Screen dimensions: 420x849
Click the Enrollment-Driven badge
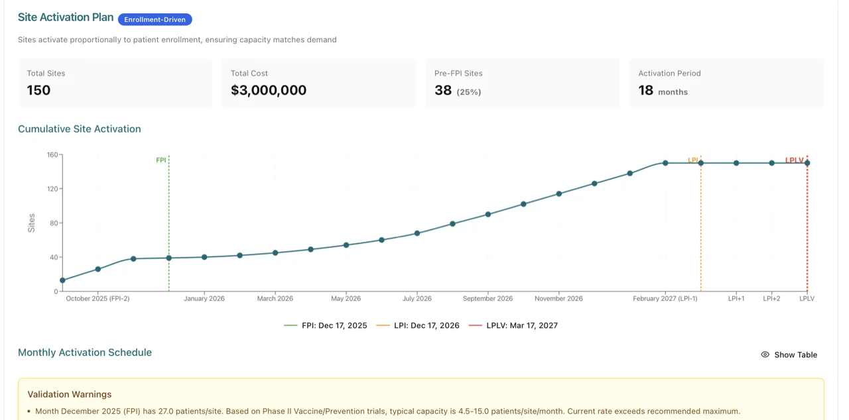155,20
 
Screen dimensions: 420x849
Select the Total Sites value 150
38,91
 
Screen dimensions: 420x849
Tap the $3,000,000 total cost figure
268,91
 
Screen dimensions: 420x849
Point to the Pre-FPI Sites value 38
443,91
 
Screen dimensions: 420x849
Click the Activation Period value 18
645,91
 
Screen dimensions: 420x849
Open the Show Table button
789,355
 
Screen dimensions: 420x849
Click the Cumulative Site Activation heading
79,129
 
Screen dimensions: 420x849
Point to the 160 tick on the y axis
52,155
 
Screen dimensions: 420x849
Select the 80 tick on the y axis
54,223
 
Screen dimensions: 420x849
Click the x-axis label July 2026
417,299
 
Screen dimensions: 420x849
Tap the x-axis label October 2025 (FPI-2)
98,299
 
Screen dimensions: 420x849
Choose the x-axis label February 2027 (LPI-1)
665,299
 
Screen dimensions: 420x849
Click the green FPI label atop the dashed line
161,160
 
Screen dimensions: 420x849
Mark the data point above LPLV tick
807,163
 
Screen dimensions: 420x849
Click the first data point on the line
62,280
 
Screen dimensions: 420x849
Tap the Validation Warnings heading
65,395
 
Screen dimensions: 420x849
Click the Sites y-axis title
31,223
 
